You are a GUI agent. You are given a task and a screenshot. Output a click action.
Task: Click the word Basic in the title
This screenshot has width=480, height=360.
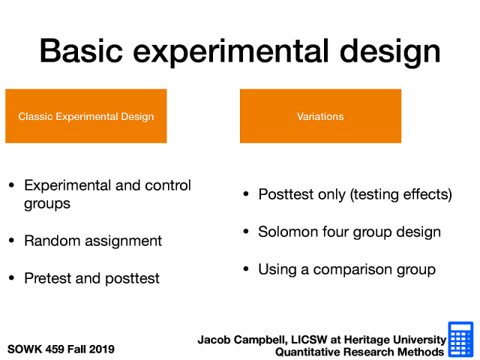pyautogui.click(x=81, y=51)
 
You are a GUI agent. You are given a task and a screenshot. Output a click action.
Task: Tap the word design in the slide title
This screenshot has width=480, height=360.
pyautogui.click(x=390, y=52)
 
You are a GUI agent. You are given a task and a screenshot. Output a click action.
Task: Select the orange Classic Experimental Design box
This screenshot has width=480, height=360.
pyautogui.click(x=86, y=116)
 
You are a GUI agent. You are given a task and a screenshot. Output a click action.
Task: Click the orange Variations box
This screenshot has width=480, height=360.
pyautogui.click(x=320, y=116)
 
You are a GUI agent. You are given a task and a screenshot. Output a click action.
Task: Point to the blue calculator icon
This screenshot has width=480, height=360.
pyautogui.click(x=460, y=339)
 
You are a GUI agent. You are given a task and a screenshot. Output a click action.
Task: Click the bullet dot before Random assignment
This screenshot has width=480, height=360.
pyautogui.click(x=12, y=240)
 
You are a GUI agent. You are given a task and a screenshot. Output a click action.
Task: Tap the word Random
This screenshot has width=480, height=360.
pyautogui.click(x=52, y=241)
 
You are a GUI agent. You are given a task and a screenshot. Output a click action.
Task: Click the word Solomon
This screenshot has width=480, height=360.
pyautogui.click(x=288, y=232)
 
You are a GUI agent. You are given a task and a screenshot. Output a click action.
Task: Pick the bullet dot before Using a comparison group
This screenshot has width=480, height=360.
pyautogui.click(x=246, y=269)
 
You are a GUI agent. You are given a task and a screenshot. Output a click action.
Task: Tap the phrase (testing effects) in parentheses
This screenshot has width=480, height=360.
pyautogui.click(x=401, y=194)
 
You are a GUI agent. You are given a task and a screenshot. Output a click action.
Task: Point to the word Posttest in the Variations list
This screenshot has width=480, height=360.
pyautogui.click(x=286, y=194)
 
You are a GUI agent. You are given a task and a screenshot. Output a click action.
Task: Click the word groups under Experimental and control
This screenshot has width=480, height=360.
pyautogui.click(x=47, y=204)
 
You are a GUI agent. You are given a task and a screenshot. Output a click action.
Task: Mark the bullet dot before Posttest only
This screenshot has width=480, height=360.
pyautogui.click(x=246, y=194)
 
